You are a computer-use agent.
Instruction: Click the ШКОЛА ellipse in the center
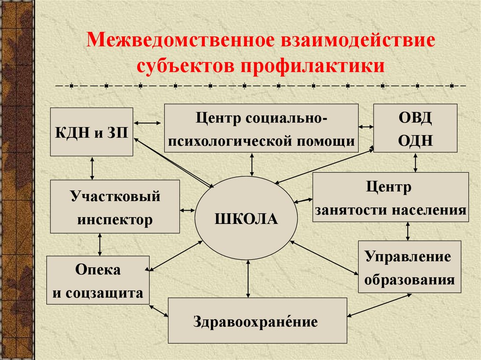coord(246,218)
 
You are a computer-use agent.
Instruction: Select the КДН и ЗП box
coord(92,132)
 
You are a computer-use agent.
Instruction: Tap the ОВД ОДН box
coord(415,128)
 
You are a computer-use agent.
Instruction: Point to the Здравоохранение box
coord(257,321)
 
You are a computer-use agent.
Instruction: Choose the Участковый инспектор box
coord(115,207)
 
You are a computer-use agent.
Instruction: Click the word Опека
coord(98,270)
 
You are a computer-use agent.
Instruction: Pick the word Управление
coord(408,257)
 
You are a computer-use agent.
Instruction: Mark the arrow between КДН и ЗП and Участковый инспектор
coord(92,168)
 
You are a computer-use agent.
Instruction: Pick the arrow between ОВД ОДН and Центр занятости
coord(415,162)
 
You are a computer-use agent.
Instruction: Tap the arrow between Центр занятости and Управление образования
coord(407,231)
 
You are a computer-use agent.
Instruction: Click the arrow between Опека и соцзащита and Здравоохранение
coord(159,311)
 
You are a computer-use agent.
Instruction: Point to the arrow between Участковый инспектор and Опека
coord(100,245)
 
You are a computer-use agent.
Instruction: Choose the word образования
coord(410,280)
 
